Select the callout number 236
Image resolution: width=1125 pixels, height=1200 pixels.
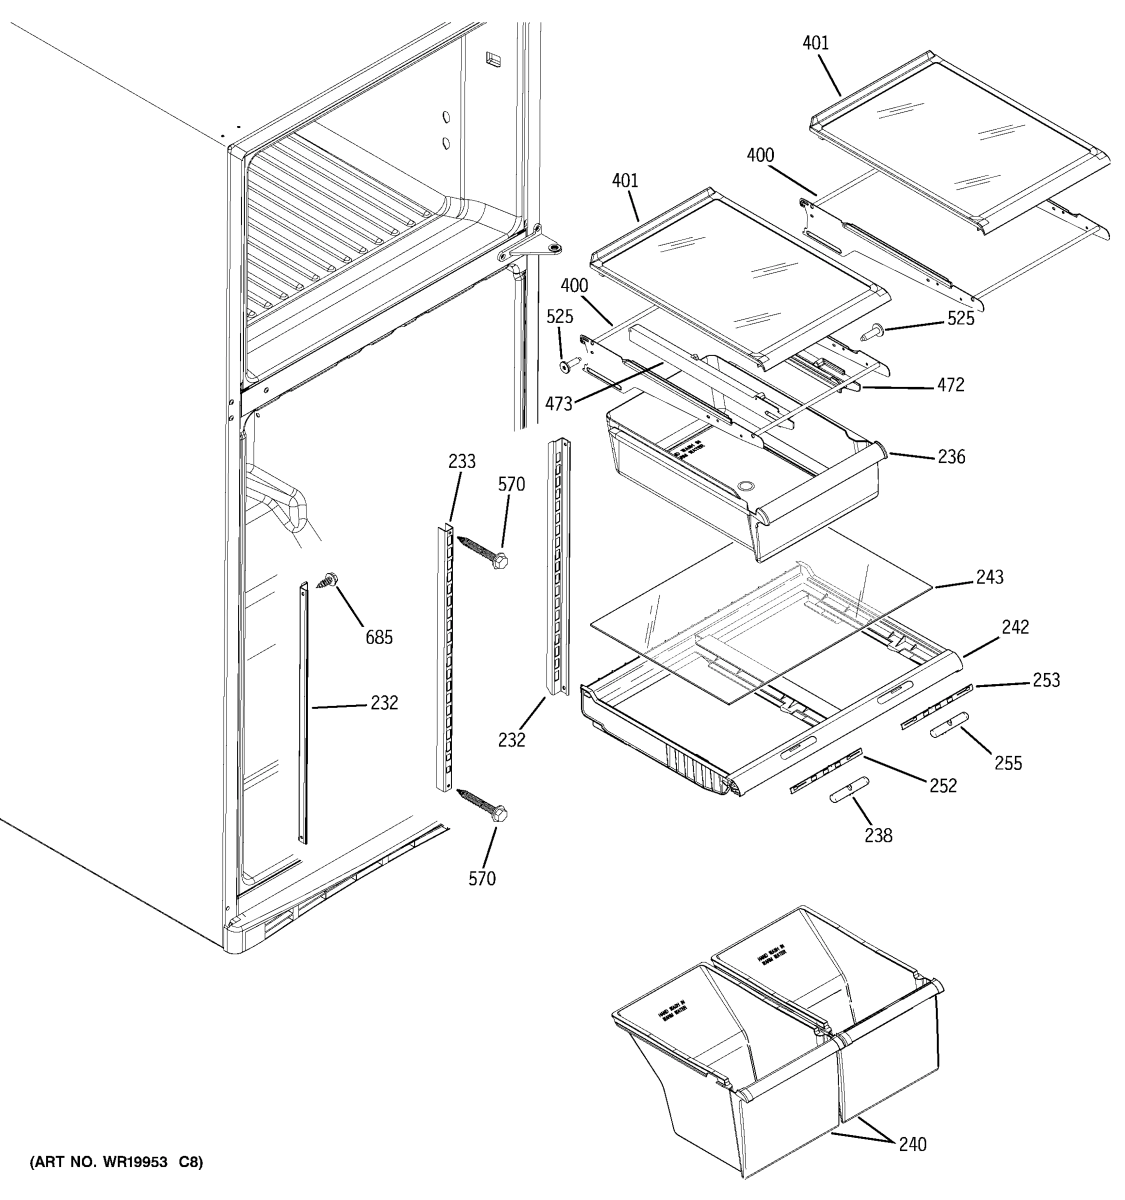951,456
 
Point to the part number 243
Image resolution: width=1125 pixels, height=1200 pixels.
990,577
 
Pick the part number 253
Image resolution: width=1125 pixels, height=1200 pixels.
1046,680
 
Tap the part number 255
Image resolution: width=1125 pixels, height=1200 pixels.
1008,763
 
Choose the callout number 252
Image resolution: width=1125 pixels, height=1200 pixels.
942,785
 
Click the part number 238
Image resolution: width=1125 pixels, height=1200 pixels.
878,835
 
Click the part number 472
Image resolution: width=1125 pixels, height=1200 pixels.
950,384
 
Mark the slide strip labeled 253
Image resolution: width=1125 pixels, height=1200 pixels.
936,706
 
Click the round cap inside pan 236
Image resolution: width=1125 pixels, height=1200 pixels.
746,485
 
